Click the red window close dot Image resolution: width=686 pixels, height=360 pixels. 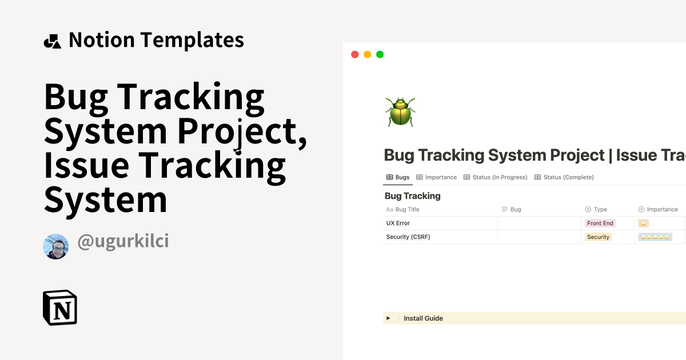[354, 54]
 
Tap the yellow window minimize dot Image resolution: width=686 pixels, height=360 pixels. [367, 54]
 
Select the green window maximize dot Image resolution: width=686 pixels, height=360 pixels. [380, 54]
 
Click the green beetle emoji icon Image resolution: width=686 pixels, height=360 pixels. [400, 111]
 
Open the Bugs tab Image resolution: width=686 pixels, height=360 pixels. [398, 177]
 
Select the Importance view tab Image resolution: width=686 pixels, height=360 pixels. [437, 177]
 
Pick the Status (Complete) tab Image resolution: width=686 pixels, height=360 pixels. [564, 177]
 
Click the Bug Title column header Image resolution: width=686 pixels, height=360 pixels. [407, 210]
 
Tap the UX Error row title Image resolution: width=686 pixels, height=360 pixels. [398, 223]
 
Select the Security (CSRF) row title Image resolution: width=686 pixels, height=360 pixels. [408, 237]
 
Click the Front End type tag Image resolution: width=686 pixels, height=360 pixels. [600, 223]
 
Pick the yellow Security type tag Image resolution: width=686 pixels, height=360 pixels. [598, 237]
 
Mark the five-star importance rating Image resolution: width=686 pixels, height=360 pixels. [655, 237]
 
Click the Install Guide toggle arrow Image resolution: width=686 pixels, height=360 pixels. [388, 318]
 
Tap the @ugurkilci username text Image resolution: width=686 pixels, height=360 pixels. [123, 242]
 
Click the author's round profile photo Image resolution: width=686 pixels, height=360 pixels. [55, 246]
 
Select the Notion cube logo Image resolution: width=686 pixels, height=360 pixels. [60, 307]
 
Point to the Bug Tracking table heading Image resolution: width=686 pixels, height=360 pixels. [412, 196]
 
